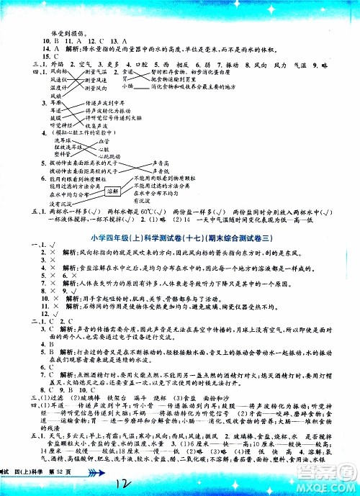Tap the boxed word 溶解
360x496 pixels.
coord(112,192)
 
